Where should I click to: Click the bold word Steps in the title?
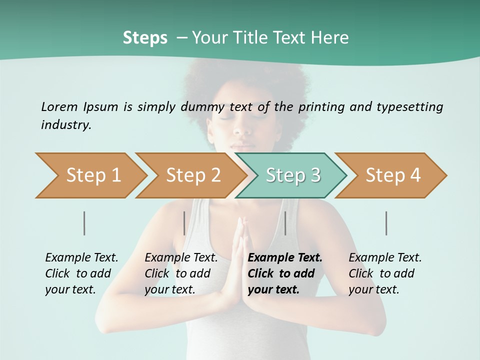coord(145,38)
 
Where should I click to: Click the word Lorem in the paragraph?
coord(59,106)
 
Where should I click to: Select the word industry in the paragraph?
coord(66,124)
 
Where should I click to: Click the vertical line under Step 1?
coord(84,223)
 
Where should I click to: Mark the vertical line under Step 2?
coord(184,223)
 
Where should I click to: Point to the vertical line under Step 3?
coord(285,223)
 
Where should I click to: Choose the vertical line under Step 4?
coord(386,223)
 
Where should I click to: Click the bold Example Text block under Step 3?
coord(284,273)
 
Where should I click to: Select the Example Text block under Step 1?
coord(81,273)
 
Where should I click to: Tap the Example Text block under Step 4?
coord(384,273)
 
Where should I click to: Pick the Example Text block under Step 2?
coord(181,273)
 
